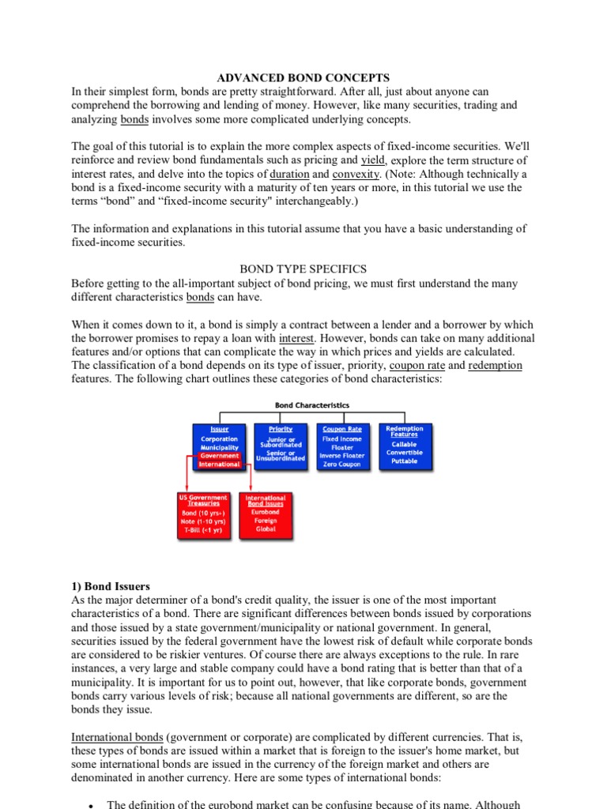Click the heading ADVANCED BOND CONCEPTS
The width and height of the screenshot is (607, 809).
(x=303, y=77)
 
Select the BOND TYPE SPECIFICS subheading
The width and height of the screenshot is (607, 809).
(x=303, y=269)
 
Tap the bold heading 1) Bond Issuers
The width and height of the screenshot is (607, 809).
(x=111, y=586)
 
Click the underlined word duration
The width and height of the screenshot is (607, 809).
(x=289, y=174)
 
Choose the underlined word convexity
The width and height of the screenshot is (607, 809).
(x=356, y=174)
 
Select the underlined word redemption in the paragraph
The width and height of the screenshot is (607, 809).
(x=495, y=366)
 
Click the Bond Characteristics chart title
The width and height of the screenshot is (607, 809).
(x=312, y=405)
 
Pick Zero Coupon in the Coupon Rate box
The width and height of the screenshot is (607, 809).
(x=341, y=465)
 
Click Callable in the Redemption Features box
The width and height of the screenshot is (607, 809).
(x=405, y=444)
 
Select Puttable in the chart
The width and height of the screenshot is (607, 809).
(x=405, y=461)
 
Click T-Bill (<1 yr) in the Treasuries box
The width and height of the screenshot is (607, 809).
(x=203, y=530)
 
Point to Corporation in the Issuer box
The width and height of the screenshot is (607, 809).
(x=220, y=439)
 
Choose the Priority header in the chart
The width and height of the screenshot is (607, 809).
(x=281, y=429)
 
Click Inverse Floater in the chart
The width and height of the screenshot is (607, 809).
(x=341, y=456)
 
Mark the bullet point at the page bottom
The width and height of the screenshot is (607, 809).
(x=92, y=804)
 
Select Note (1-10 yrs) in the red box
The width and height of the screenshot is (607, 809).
(x=203, y=521)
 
